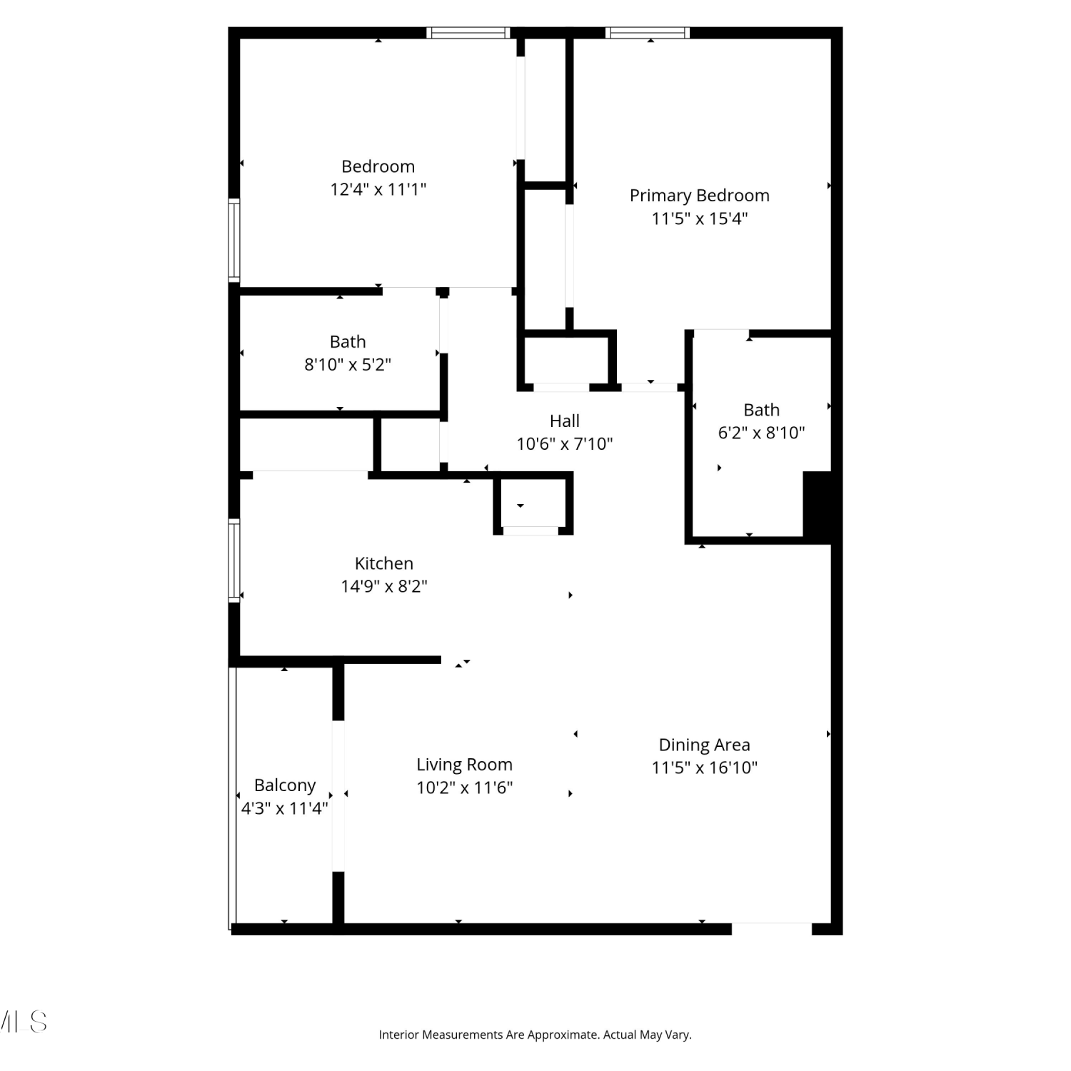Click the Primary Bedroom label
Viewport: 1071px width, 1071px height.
tap(699, 196)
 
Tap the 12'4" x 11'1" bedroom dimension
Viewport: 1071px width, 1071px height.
tap(378, 189)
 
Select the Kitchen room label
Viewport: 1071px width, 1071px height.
tap(384, 563)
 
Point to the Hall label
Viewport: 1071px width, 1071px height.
tap(564, 421)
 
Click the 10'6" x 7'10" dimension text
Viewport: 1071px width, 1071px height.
tap(564, 444)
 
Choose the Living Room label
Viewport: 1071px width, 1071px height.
tap(464, 765)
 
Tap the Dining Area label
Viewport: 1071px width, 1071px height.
tap(704, 745)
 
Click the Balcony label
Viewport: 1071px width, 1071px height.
tap(285, 785)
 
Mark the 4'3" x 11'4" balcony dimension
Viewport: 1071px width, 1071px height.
tap(284, 808)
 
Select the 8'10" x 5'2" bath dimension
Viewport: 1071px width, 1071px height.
tap(348, 365)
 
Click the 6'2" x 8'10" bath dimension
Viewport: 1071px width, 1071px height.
tap(761, 433)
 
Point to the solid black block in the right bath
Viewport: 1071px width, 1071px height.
tap(818, 506)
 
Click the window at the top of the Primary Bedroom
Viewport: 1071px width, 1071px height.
tap(648, 32)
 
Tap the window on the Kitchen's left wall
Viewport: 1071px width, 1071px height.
tap(233, 560)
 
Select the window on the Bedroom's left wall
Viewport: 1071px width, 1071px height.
tap(233, 240)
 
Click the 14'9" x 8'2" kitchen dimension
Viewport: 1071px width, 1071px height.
tap(384, 586)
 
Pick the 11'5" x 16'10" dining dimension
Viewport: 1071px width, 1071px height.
tap(704, 768)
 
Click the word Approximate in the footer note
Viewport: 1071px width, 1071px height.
tap(557, 1035)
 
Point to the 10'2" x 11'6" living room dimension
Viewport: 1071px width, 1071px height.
tap(464, 788)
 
